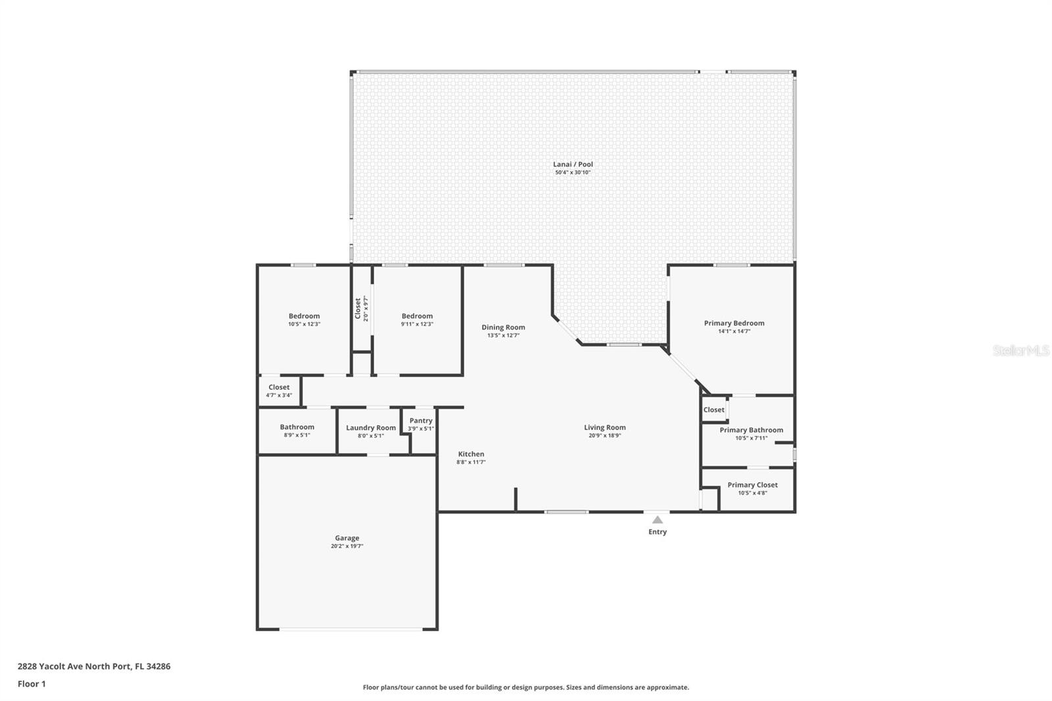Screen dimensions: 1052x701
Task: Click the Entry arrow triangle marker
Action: pos(657,520)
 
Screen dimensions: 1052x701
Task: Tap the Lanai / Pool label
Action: pos(573,164)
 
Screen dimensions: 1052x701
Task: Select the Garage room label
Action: pos(347,538)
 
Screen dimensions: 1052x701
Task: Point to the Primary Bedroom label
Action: pos(734,323)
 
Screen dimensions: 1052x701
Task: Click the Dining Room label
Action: pos(504,327)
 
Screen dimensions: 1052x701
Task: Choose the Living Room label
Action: pos(605,427)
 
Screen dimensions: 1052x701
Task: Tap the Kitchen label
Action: pos(471,454)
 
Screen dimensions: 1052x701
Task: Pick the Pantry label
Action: pos(421,420)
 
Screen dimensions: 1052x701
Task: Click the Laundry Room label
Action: pos(371,427)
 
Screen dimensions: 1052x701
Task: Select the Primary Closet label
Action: pos(752,485)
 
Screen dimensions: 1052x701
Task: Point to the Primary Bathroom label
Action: pos(752,430)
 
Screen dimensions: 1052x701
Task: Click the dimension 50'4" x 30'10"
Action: pos(573,172)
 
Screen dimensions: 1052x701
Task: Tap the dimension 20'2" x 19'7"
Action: pos(347,546)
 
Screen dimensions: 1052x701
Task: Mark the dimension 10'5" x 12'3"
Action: pos(304,324)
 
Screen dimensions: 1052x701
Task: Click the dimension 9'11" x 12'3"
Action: pos(417,324)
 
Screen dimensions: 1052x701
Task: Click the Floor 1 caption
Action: pos(32,684)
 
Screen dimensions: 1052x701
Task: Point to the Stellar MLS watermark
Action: pos(1021,350)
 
